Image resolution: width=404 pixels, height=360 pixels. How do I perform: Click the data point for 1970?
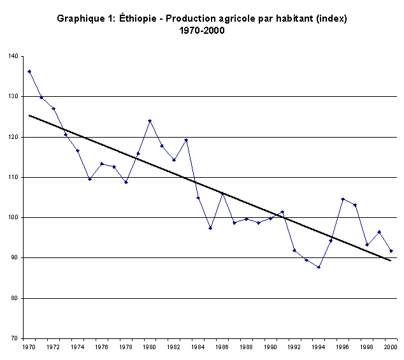29,71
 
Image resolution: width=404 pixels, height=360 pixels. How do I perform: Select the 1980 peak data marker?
150,120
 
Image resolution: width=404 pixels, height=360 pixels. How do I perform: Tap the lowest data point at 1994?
319,267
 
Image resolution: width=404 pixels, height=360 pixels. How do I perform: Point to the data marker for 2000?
391,251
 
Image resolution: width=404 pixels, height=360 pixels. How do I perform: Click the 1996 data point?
343,199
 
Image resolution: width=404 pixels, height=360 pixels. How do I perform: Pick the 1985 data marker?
210,228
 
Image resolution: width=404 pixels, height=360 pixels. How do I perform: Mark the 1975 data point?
90,179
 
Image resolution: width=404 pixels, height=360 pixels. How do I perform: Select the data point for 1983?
186,140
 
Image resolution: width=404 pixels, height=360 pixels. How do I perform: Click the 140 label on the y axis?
13,56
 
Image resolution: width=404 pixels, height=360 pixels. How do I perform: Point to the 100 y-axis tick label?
13,217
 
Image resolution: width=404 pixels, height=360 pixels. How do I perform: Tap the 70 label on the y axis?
14,338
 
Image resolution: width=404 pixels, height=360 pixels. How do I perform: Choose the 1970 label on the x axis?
29,348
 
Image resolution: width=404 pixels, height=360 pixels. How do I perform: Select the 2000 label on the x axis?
391,348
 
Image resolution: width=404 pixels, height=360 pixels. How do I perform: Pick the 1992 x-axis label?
294,348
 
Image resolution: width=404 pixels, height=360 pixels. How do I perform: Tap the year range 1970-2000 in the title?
202,30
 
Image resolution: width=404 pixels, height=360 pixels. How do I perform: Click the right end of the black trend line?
391,261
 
